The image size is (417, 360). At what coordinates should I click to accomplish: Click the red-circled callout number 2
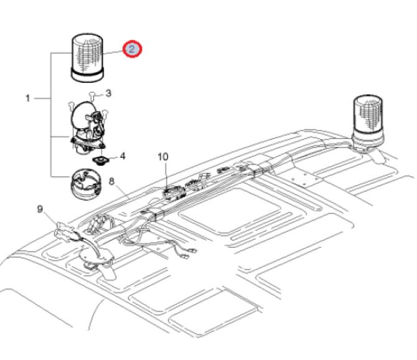point(133,49)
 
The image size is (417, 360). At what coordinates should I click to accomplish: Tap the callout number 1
point(27,98)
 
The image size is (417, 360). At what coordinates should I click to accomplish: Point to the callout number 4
point(122,156)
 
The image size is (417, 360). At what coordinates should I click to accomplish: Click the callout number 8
point(113,182)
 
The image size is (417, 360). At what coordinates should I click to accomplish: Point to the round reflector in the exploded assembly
point(82,118)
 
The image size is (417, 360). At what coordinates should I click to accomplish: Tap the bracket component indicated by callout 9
point(66,232)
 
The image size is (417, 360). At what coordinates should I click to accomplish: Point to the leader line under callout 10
point(165,174)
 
